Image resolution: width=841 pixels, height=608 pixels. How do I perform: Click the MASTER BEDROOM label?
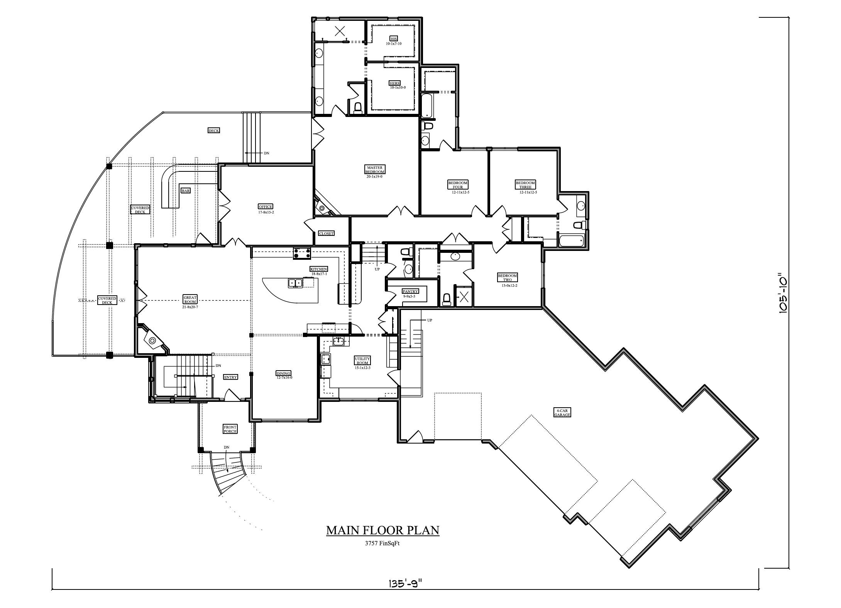click(374, 170)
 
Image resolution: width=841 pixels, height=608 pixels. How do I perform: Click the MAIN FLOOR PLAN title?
click(382, 530)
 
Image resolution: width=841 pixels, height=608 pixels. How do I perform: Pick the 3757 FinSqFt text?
click(382, 543)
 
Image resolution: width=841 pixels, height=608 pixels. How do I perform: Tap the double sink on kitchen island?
click(295, 283)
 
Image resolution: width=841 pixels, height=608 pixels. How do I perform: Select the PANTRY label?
click(410, 291)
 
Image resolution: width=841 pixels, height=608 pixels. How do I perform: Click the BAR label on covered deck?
click(186, 190)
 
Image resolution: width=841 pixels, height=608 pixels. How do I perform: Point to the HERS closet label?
click(394, 83)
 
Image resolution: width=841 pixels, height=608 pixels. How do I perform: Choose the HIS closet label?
click(394, 39)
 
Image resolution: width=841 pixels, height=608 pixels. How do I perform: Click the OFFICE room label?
click(266, 207)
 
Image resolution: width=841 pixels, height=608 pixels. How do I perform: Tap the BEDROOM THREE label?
click(525, 185)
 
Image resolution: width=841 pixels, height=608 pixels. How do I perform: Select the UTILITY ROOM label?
click(362, 361)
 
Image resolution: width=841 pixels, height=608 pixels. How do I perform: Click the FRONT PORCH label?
click(230, 429)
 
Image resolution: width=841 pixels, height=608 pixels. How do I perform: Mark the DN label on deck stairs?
click(267, 153)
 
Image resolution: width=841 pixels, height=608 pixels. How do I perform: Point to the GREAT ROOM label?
click(190, 300)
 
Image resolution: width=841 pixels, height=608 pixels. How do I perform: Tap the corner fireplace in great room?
click(152, 340)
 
